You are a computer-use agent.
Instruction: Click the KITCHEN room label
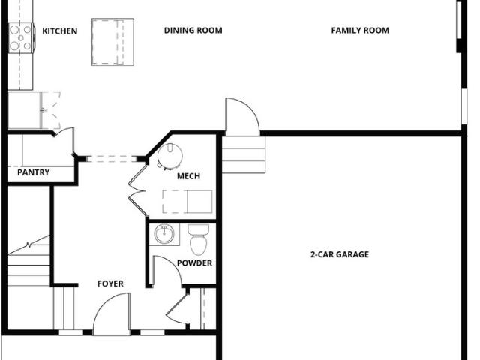60,31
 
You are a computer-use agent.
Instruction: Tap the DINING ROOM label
193,31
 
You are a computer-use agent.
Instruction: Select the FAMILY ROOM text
360,31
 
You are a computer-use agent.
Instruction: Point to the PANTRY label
33,172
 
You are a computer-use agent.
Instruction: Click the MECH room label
188,176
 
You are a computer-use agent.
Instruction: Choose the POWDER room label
195,263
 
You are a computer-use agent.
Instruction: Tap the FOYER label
110,283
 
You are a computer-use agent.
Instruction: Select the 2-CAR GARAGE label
340,254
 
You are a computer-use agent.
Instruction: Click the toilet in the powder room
198,239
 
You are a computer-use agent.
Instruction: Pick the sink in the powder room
164,234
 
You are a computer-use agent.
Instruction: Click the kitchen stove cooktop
20,38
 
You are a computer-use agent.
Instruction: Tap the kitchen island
112,42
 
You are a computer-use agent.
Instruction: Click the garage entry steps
244,155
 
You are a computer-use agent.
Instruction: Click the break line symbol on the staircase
28,245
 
